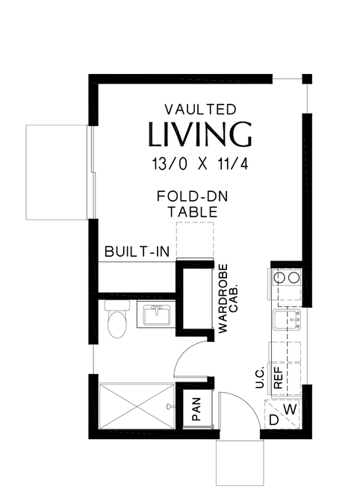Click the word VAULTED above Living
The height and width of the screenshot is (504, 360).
coord(201,110)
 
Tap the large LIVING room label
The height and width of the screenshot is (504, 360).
coord(200,134)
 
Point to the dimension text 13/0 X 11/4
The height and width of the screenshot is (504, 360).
coord(200,164)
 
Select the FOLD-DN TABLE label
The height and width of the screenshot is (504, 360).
coord(193,204)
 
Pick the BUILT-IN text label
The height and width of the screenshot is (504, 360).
coord(137,252)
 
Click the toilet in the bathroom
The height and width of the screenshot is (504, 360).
coord(117,319)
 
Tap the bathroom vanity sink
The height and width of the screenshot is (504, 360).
coord(157,315)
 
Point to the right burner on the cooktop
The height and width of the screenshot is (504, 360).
coord(294,278)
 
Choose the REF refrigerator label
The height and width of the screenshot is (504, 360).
coord(278,378)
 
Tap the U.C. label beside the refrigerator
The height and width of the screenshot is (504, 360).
coord(260,377)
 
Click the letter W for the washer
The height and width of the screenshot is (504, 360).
coord(291,409)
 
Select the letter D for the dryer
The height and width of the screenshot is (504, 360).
coord(273,420)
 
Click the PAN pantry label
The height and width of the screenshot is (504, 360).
coord(196,409)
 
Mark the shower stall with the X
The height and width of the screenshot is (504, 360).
coord(137,406)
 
